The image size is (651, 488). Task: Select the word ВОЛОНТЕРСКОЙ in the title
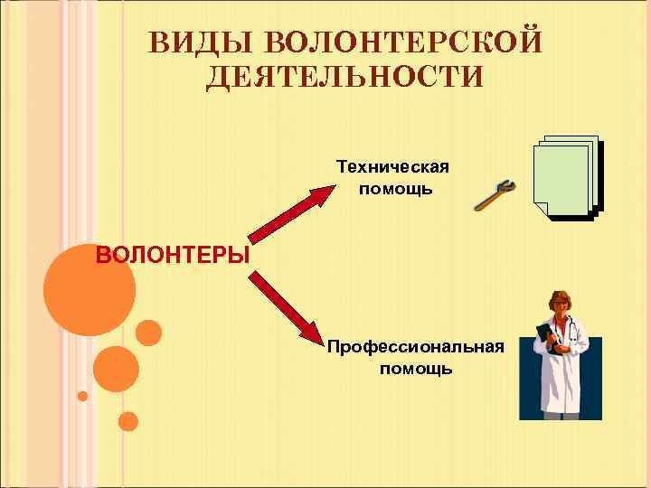coord(404,42)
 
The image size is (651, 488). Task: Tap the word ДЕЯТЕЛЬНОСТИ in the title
coord(344,77)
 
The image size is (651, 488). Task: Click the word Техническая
coord(392,167)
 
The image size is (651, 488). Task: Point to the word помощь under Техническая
coord(396,189)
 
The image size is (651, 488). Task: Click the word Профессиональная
coord(416,347)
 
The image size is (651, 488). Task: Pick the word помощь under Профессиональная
coord(416,369)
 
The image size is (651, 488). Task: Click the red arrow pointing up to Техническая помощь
coord(288,213)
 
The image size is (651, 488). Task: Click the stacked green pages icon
coord(565,177)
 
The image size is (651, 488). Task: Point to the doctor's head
coord(561,305)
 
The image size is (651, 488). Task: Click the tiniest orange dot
coord(82,396)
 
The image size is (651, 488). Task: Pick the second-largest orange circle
coord(116,368)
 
